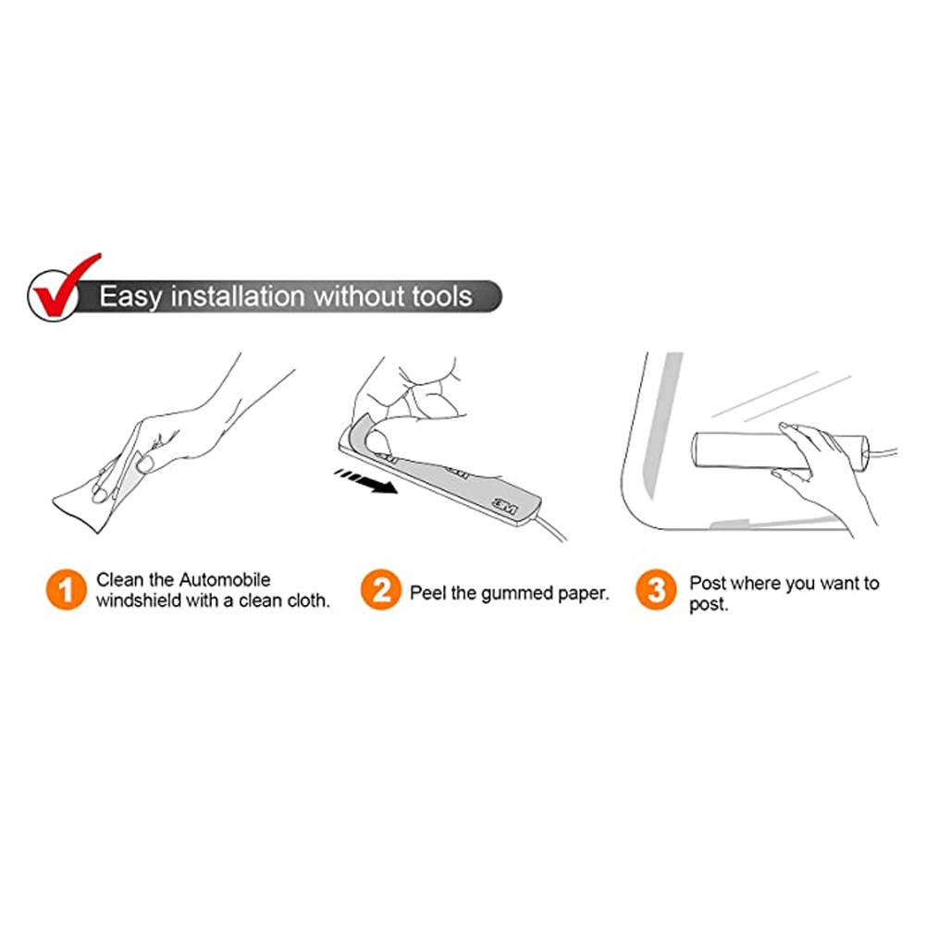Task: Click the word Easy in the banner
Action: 130,297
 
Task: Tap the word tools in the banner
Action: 442,296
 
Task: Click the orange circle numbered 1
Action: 67,589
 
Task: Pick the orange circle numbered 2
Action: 381,589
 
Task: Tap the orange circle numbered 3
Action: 656,589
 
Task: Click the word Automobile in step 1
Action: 225,579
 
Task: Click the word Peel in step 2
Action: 427,593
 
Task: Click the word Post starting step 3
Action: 709,583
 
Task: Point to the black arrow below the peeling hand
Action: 365,481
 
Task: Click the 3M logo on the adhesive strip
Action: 505,507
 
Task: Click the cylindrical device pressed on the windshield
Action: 780,451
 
